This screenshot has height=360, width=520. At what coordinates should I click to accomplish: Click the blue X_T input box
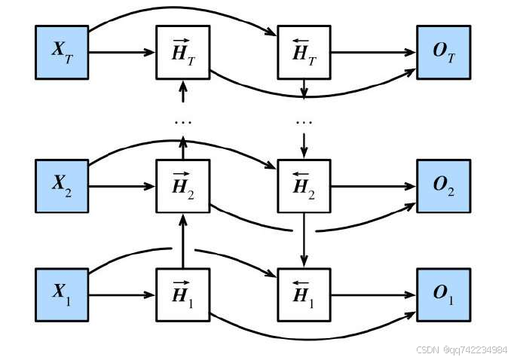point(62,52)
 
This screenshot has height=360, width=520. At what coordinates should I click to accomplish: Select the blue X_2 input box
point(62,185)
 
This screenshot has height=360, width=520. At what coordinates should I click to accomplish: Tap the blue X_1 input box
point(62,294)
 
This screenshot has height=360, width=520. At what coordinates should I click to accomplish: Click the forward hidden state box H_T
point(182,52)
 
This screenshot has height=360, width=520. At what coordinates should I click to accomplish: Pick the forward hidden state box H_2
point(182,185)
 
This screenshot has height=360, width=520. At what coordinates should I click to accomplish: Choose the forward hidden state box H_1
point(182,294)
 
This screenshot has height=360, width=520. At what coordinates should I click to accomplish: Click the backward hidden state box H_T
point(304,52)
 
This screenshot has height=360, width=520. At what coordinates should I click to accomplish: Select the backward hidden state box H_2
point(304,185)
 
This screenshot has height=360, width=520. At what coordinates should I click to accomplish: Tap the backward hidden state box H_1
point(304,294)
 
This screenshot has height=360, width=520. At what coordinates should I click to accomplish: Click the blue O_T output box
point(443,52)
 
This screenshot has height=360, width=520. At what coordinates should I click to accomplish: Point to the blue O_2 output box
point(443,185)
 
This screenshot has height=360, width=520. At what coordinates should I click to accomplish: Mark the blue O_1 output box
point(443,294)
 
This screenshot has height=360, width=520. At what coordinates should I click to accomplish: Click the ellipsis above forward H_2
point(182,121)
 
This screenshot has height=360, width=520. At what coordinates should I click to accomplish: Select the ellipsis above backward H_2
point(304,121)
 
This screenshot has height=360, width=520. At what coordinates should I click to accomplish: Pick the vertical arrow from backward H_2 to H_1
point(304,239)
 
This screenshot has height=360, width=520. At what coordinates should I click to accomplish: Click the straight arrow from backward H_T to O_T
point(373,53)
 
